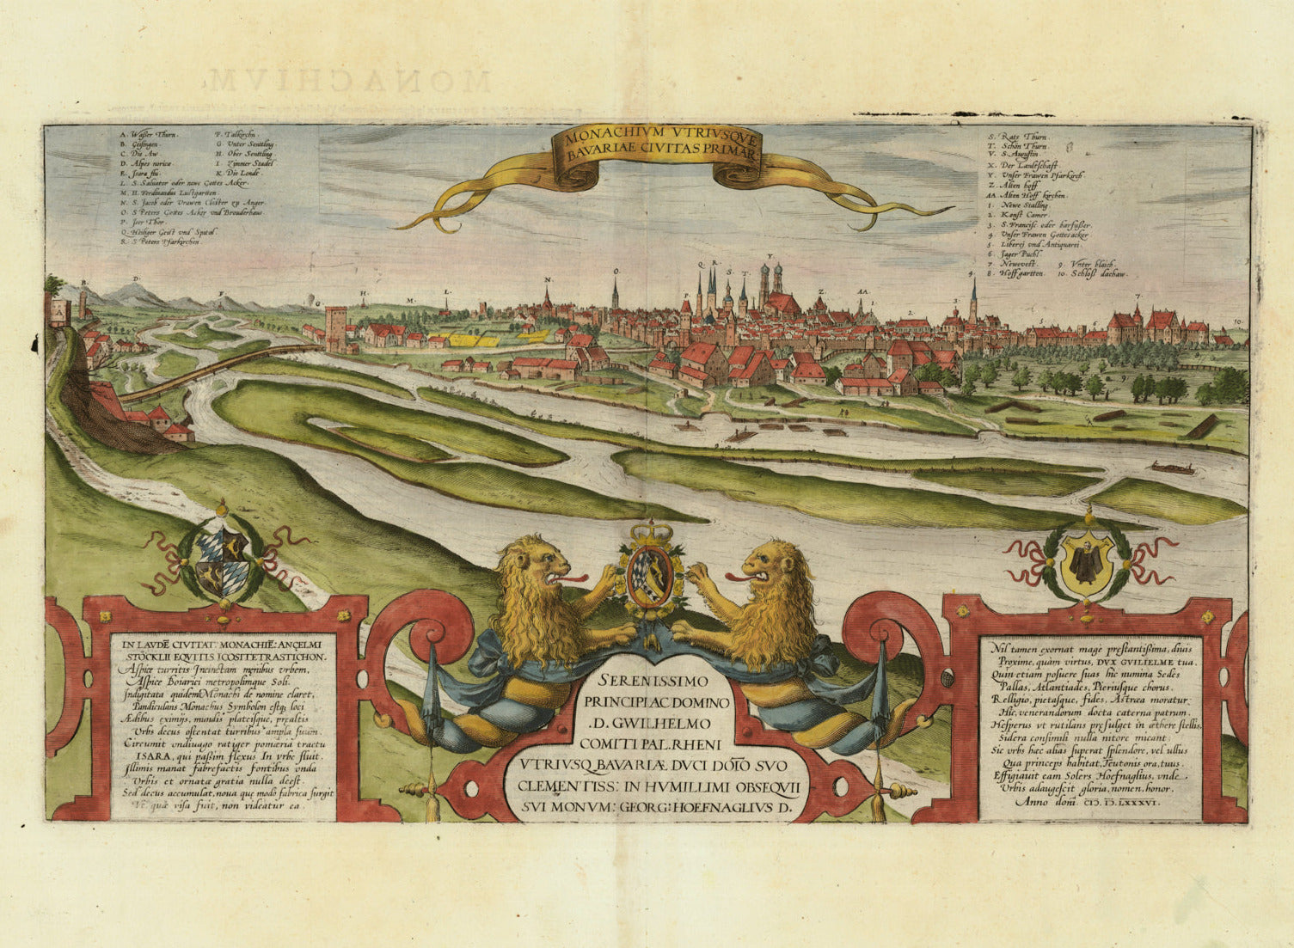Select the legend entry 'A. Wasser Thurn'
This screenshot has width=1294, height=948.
149,135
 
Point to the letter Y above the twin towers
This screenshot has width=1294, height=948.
770,256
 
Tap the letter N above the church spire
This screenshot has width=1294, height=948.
547,280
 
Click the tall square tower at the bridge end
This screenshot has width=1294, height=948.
336,329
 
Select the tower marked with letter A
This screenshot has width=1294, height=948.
61,311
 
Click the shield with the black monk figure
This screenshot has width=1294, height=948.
1087,564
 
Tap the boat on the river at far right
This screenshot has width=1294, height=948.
1174,468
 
